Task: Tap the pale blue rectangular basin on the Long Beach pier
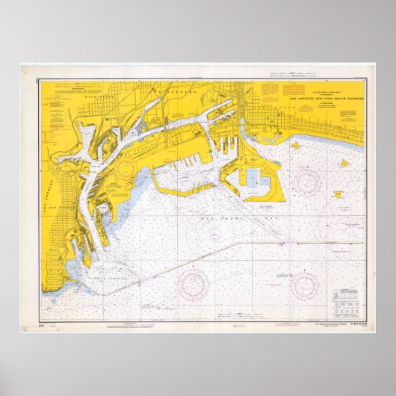tap(254, 176)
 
